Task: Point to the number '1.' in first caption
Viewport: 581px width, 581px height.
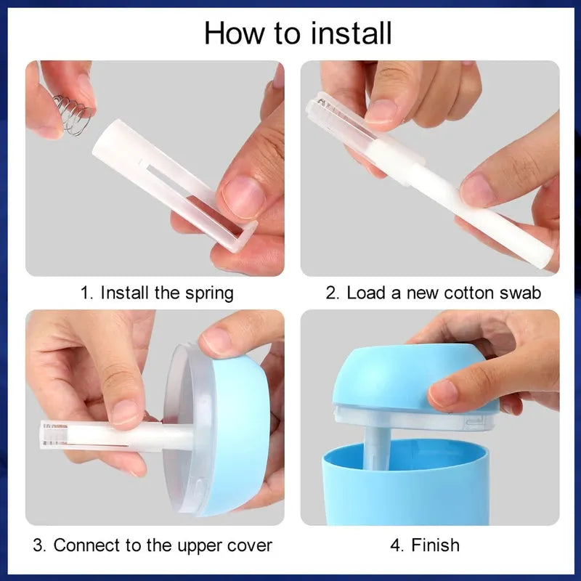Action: coord(87,293)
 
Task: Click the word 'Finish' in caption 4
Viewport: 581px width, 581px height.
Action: coord(435,545)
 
